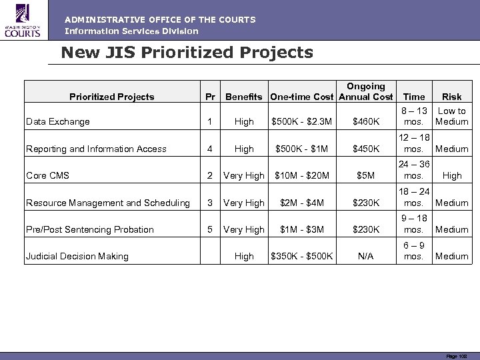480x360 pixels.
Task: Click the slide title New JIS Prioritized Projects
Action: (x=187, y=52)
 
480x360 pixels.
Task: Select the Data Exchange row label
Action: (x=57, y=122)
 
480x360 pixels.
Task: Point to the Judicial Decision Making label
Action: (x=77, y=256)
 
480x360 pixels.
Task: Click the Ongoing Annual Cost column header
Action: (x=366, y=91)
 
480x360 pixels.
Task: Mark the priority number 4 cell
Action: (x=210, y=149)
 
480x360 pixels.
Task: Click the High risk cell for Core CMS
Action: (x=452, y=176)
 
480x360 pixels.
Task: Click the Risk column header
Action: (x=451, y=97)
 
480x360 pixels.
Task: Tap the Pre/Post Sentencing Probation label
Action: (x=89, y=229)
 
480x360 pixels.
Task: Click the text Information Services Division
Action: (x=131, y=31)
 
